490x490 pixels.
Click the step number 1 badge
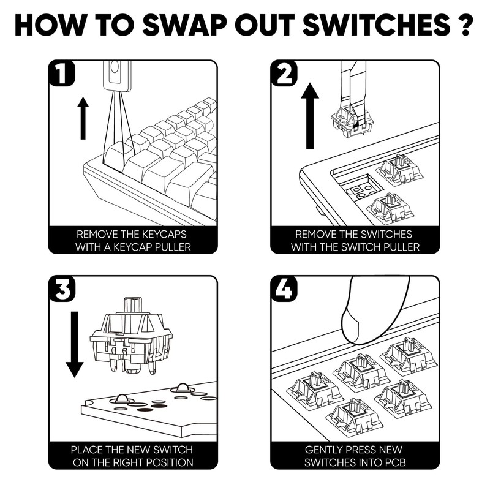[x=62, y=73]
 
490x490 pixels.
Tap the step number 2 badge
[x=284, y=73]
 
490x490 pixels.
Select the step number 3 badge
[x=62, y=288]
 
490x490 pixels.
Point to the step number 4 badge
[x=284, y=288]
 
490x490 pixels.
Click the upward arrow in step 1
[x=83, y=118]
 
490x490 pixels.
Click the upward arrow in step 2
[x=310, y=116]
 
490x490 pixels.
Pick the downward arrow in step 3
[x=74, y=344]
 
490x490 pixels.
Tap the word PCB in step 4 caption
[x=396, y=462]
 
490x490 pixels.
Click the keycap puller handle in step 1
[x=117, y=76]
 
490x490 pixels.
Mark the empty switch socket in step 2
[x=364, y=187]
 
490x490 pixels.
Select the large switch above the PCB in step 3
[x=131, y=336]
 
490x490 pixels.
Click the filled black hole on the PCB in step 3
[x=146, y=410]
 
